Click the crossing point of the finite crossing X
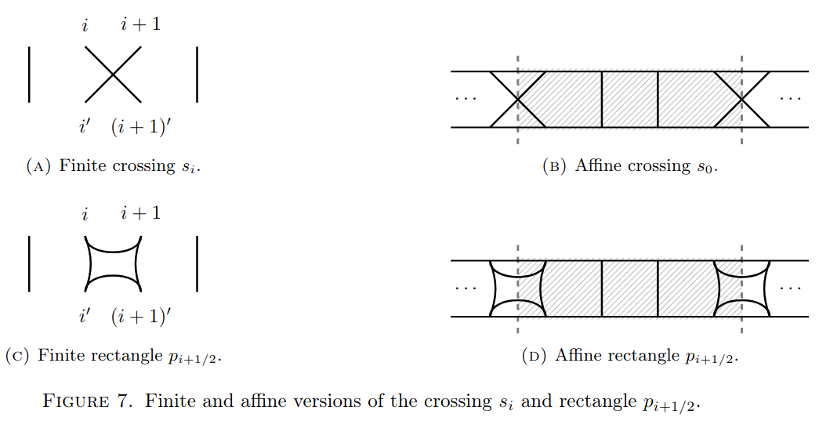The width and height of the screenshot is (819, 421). (113, 74)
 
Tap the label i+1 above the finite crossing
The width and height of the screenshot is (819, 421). (141, 25)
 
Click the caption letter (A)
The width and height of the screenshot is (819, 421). (38, 166)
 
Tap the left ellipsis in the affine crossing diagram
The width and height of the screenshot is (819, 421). (466, 99)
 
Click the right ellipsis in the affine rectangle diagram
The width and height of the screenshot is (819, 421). (790, 288)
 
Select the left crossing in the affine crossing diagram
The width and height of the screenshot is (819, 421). (518, 99)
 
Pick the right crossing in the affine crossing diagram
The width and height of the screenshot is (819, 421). (741, 99)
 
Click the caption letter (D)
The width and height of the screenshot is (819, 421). (535, 356)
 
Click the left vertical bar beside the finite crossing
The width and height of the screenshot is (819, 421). (29, 74)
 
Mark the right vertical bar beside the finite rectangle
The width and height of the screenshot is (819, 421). (197, 263)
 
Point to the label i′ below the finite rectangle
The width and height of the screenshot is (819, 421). (84, 316)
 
